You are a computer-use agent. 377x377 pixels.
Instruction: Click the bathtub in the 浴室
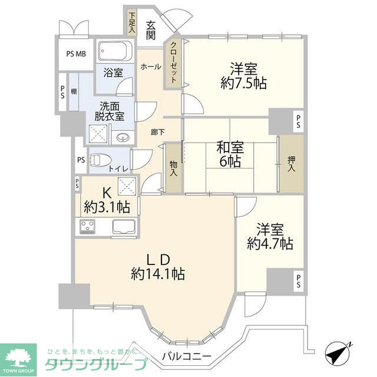click(116, 53)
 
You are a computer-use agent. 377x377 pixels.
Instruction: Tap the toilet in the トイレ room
click(101, 158)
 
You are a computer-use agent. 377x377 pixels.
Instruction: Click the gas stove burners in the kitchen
click(89, 226)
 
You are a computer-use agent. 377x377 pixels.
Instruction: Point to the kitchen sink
click(124, 226)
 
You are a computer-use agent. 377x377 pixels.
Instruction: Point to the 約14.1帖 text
click(158, 274)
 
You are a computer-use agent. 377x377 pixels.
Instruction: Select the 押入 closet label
click(292, 164)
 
